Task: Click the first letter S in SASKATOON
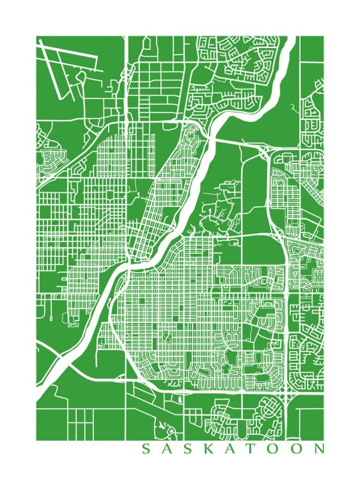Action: tap(145, 449)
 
